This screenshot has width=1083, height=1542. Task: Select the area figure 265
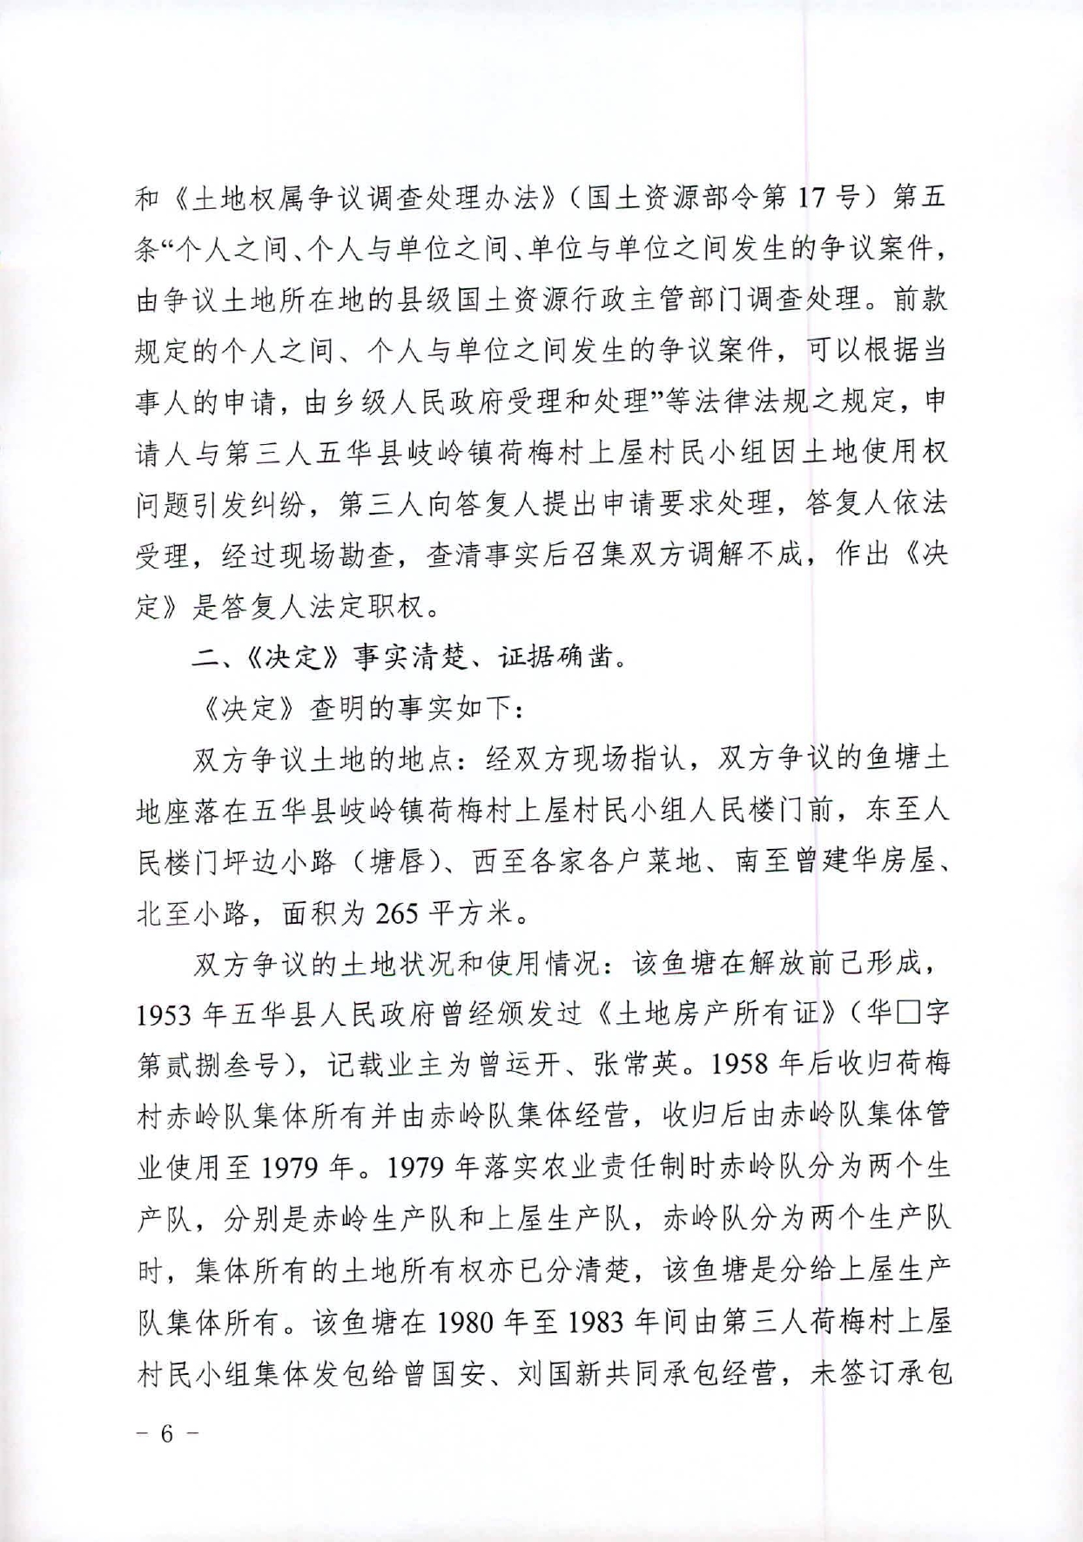point(397,913)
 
